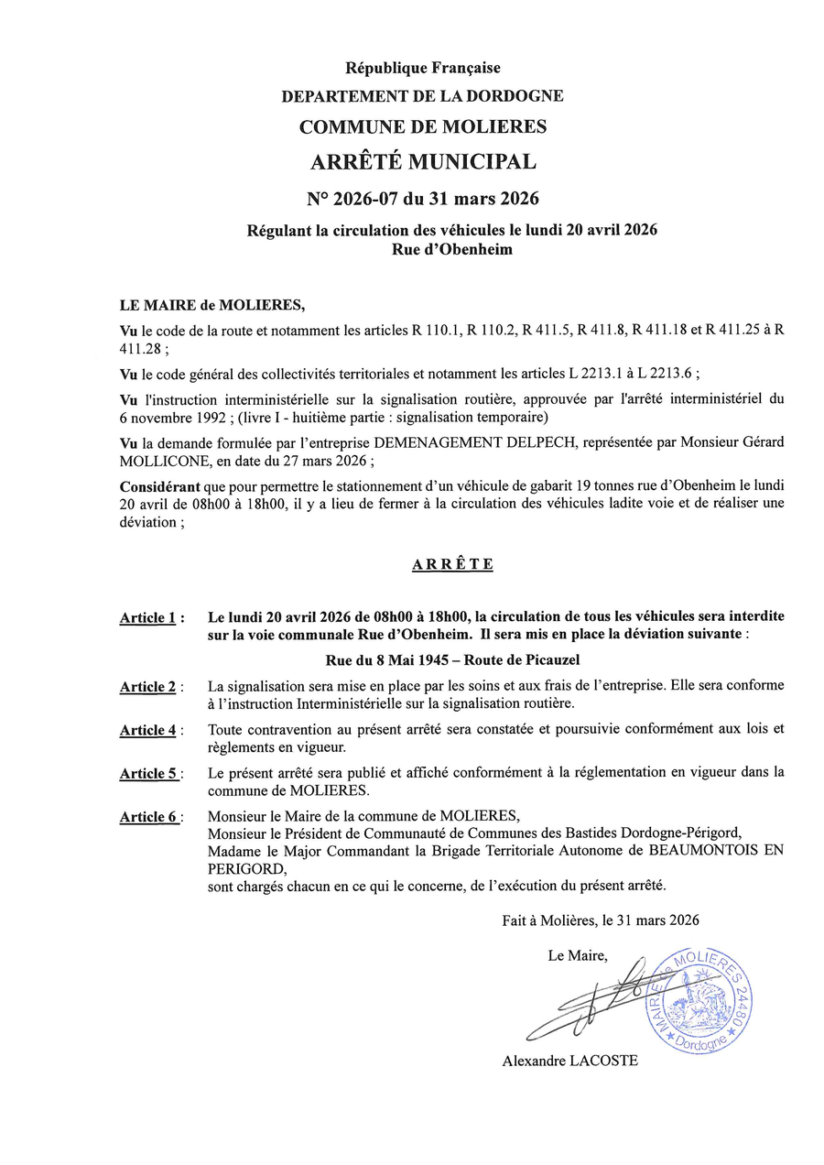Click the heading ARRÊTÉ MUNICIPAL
pos(422,162)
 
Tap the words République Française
pos(422,67)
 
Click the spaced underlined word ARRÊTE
pos(452,564)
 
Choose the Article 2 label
pos(147,687)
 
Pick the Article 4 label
pos(147,730)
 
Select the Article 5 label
pos(147,773)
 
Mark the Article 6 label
pos(147,817)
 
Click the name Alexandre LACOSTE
pos(569,1061)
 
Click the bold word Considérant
pos(160,485)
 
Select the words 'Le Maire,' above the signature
pos(577,955)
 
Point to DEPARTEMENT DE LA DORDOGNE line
pos(422,95)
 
